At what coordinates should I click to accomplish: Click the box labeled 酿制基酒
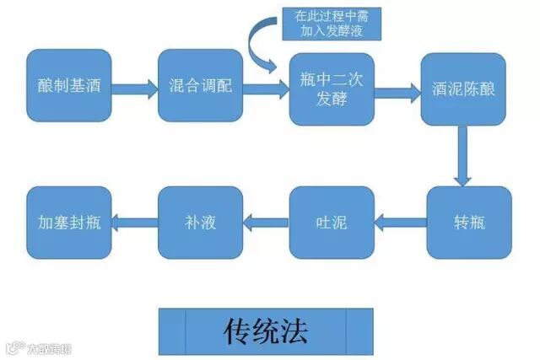pos(68,86)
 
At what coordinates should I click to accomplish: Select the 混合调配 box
pos(200,86)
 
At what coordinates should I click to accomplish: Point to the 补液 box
pos(200,223)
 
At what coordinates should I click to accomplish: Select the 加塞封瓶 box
pos(68,223)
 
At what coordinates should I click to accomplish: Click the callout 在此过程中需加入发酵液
pos(336,24)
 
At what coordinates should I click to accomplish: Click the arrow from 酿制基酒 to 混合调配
pos(133,87)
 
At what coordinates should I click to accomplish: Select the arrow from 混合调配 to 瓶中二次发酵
pos(265,87)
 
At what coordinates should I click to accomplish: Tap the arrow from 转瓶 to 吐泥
pos(400,223)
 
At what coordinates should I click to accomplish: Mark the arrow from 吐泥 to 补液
pos(266,223)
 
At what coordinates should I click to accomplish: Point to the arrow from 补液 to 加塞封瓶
pos(134,223)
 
